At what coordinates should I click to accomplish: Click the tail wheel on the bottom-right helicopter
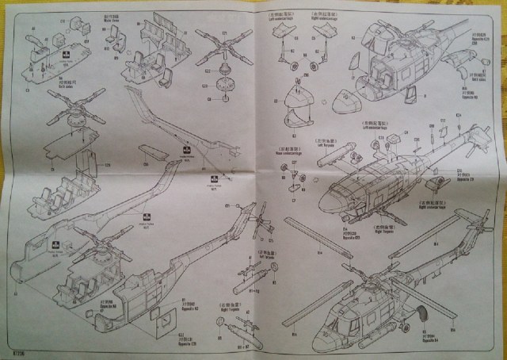pos(421,311)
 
